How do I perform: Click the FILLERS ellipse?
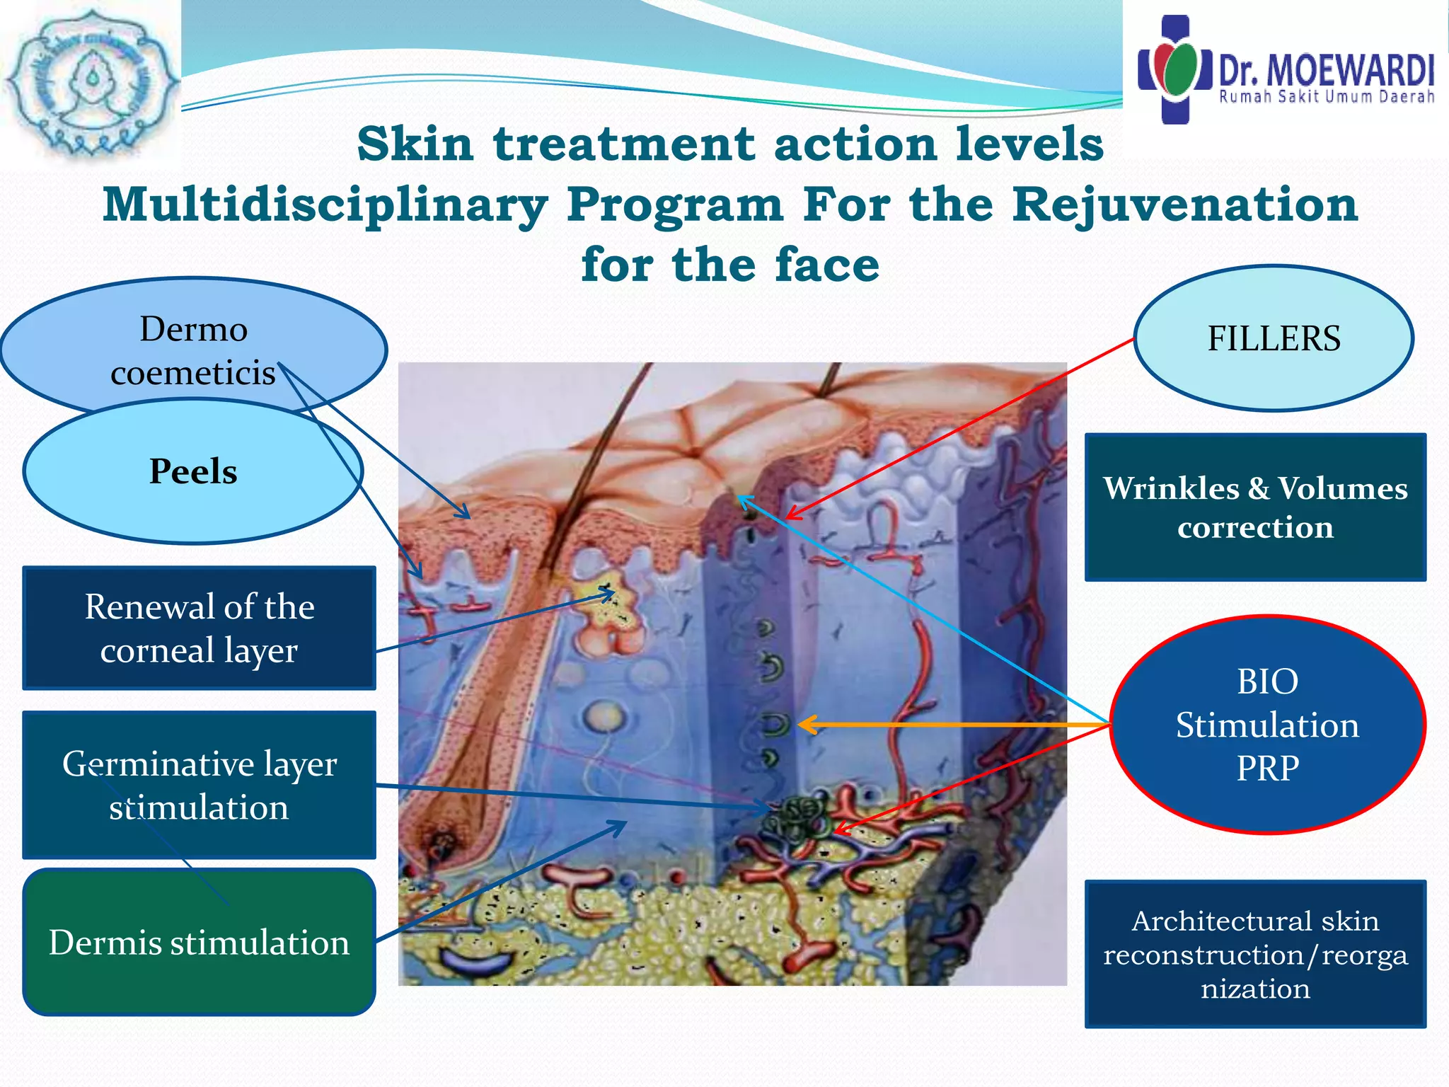(1274, 338)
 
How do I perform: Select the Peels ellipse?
(192, 471)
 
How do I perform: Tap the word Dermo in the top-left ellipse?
(193, 329)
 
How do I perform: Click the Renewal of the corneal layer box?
(199, 628)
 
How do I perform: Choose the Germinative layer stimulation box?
(199, 785)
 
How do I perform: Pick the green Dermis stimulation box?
(199, 943)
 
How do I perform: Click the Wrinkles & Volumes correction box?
(1255, 507)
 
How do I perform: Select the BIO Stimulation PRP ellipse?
(1267, 725)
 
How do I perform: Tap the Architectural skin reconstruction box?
(1255, 954)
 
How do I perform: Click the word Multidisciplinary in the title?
(325, 205)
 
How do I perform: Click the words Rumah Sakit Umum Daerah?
(1326, 97)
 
